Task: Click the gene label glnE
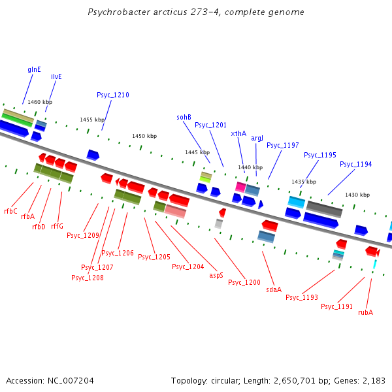[x=34, y=69]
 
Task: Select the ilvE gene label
[x=56, y=76]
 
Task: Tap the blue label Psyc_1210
[x=113, y=95]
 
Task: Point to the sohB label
[x=184, y=118]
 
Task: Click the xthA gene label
[x=238, y=133]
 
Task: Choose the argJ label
[x=257, y=139]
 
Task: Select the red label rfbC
[x=10, y=211]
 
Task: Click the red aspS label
[x=216, y=275]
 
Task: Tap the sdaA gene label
[x=274, y=289]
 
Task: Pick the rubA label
[x=365, y=312]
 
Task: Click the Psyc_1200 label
[x=244, y=282]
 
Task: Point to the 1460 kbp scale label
[x=40, y=102]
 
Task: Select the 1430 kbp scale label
[x=357, y=195]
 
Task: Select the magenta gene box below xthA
[x=240, y=187]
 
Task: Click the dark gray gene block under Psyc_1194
[x=324, y=208]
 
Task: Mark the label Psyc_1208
[x=87, y=278]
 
